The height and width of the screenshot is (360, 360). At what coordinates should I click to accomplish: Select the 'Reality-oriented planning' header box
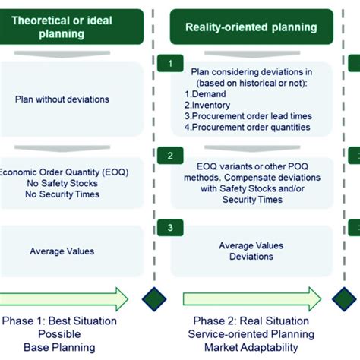click(251, 27)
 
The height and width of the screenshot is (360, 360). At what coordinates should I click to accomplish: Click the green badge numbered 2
click(174, 156)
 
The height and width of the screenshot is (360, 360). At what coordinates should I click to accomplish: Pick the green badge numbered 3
click(174, 227)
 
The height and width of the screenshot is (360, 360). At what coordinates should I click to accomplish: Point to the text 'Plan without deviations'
click(62, 99)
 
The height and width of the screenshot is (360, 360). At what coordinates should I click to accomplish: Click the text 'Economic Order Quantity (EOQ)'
click(64, 172)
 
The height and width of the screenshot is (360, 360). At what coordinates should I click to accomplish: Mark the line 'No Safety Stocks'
click(64, 183)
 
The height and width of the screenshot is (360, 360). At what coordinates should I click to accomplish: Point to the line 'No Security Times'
click(64, 194)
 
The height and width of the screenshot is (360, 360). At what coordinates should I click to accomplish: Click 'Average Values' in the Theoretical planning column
click(62, 251)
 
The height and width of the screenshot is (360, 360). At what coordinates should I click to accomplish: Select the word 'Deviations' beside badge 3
click(251, 257)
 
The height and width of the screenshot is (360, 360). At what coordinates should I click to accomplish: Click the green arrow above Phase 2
click(251, 297)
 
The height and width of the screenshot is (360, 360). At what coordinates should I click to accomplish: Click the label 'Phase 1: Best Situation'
click(60, 321)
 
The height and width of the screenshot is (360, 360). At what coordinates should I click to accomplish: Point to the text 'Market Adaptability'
click(251, 348)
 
